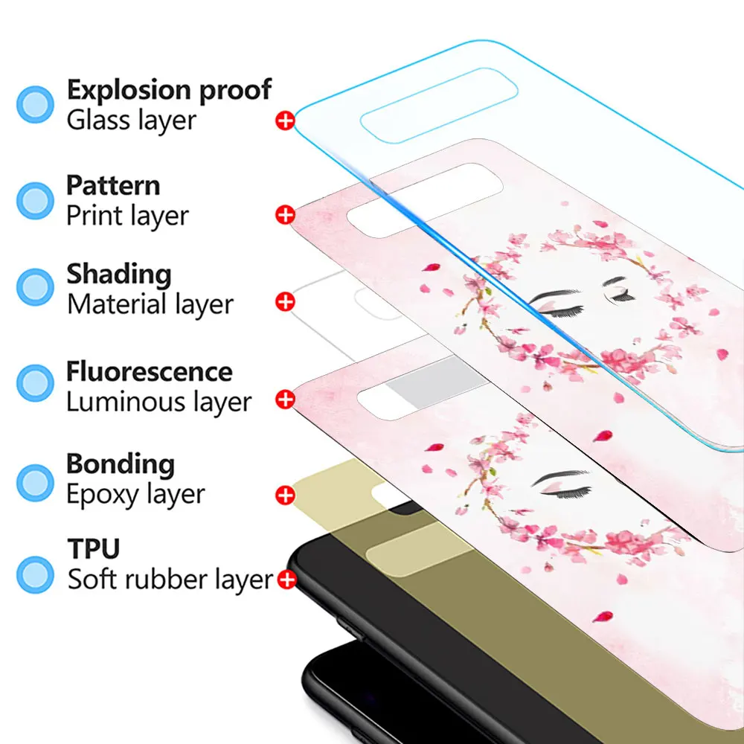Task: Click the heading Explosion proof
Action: point(169,90)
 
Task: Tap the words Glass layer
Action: point(131,120)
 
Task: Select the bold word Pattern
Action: point(113,185)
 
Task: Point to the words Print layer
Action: point(127,216)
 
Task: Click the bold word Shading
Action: point(119,274)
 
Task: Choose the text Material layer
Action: point(150,304)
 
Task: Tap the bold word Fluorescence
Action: point(149,371)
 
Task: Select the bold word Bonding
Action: point(121,464)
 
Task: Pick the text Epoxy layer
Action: point(135,494)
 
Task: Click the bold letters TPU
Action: point(94,549)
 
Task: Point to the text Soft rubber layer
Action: point(170,579)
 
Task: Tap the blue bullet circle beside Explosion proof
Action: point(35,104)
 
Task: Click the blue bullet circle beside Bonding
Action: point(35,481)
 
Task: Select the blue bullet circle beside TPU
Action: point(35,574)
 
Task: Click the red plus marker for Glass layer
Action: point(285,120)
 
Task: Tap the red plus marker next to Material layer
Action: point(285,301)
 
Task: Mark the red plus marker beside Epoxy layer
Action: point(285,495)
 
